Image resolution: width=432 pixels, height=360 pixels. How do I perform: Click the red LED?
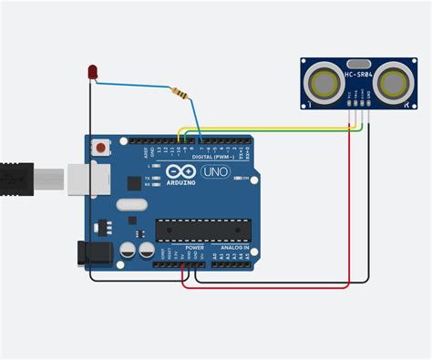tap(93, 72)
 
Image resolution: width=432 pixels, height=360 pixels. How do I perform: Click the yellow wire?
tap(273, 129)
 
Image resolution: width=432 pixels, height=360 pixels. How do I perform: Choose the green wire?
tap(273, 135)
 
